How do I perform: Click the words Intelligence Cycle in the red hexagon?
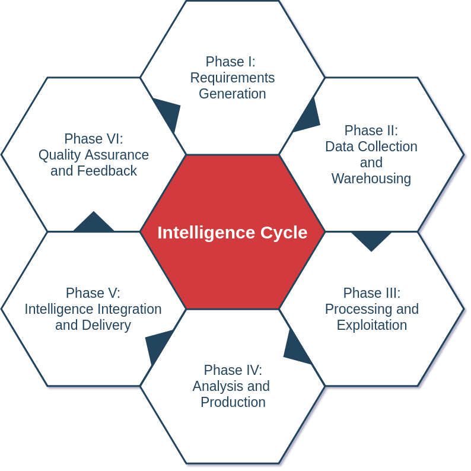click(x=232, y=233)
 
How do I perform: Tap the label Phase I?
click(x=230, y=62)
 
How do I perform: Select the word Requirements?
click(x=233, y=78)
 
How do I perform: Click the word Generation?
click(x=233, y=94)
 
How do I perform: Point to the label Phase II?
click(x=371, y=131)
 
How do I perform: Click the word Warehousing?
click(x=371, y=179)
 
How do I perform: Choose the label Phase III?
click(x=372, y=293)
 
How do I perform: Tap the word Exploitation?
click(x=372, y=325)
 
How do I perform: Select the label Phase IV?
click(x=233, y=370)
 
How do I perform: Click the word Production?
click(x=233, y=402)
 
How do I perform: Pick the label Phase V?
click(x=93, y=293)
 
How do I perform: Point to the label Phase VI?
click(x=94, y=139)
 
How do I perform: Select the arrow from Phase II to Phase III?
click(x=371, y=239)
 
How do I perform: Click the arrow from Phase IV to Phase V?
click(x=157, y=345)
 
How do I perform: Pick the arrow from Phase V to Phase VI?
click(x=93, y=223)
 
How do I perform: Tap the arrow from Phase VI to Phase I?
click(x=168, y=112)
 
